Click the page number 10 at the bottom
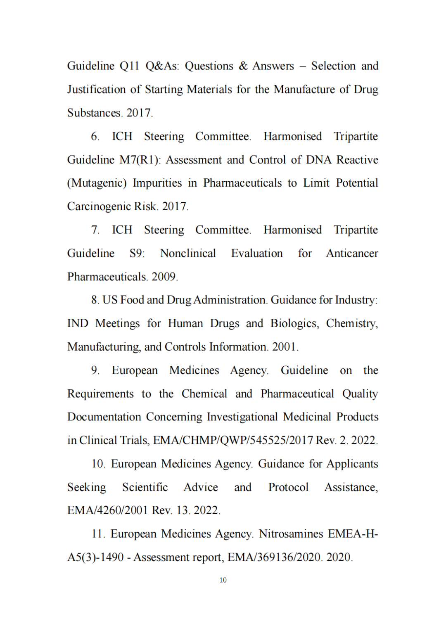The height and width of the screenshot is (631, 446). click(223, 580)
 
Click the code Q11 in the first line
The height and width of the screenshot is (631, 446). click(129, 66)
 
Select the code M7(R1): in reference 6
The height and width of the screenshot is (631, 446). click(140, 160)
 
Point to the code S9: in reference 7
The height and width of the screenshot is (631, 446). click(137, 253)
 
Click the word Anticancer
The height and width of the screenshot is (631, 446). click(352, 253)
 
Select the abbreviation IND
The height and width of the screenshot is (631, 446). click(78, 323)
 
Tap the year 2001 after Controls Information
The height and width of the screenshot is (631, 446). click(284, 347)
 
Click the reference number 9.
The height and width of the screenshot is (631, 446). click(95, 370)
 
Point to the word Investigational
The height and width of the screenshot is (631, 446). click(242, 417)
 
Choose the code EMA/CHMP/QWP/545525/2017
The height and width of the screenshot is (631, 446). click(233, 440)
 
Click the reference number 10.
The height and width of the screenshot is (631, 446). click(98, 464)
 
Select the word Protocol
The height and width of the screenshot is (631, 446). click(288, 487)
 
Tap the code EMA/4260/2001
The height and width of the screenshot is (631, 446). click(107, 510)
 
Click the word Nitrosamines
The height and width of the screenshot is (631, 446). click(291, 534)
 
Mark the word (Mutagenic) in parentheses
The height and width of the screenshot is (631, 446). click(97, 183)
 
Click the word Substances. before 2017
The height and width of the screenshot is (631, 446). click(95, 113)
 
